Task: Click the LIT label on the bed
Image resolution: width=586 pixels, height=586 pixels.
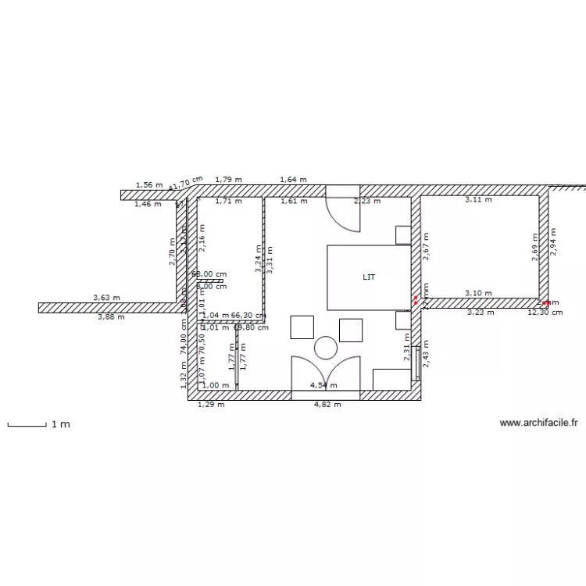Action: (368, 277)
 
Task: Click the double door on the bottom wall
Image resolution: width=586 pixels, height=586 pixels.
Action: (325, 373)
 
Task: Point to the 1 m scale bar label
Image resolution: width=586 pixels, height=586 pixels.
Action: (61, 424)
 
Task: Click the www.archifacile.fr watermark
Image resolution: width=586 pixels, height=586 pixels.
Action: (538, 423)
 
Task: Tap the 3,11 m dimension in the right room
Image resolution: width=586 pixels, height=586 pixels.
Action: (478, 200)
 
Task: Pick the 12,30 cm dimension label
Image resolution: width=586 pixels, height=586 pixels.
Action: (545, 313)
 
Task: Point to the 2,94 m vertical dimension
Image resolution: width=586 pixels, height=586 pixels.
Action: (553, 243)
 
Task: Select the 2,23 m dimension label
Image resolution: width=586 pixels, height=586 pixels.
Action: (367, 201)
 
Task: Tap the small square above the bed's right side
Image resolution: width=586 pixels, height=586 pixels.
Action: (403, 234)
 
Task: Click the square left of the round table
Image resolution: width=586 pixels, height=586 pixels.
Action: (302, 327)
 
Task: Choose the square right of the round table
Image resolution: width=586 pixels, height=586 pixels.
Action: (351, 330)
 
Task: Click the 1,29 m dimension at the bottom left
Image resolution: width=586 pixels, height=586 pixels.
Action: (211, 405)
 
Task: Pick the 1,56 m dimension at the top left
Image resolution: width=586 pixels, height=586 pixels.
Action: (148, 185)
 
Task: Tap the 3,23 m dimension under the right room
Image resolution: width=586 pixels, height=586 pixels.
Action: (481, 313)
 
